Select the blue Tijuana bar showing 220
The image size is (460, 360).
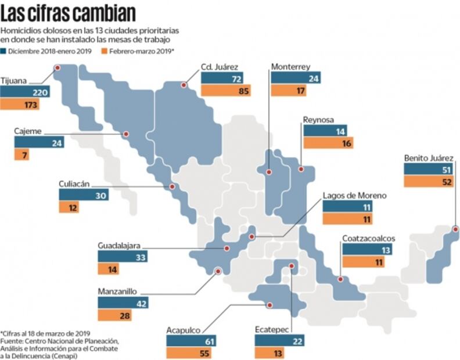point(24,92)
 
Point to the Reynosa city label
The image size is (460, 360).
point(318,120)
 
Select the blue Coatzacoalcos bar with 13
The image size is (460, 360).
point(368,249)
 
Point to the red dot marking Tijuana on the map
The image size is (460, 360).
point(57,68)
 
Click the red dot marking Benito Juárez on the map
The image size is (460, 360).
point(456,228)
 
